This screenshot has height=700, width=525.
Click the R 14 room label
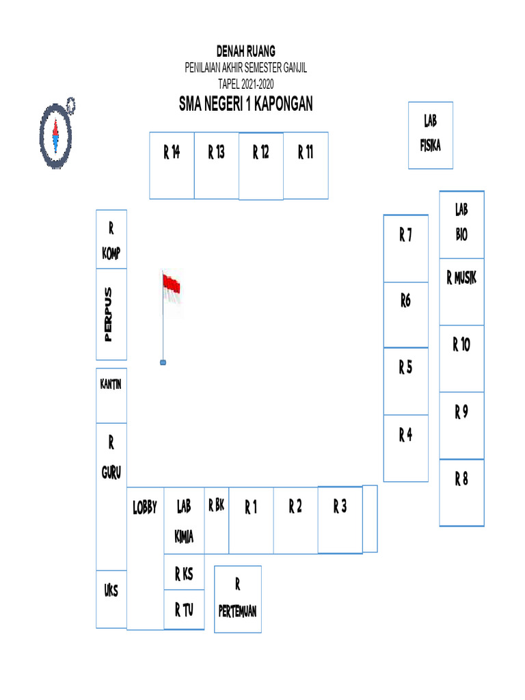(172, 152)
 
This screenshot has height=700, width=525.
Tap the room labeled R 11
(306, 152)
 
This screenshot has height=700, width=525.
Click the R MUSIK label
(461, 278)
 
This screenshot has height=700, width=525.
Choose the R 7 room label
(405, 237)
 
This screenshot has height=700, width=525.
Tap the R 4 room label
(405, 435)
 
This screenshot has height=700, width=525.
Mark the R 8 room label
(461, 479)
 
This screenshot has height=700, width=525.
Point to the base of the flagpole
(163, 362)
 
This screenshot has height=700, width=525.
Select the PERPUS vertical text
(107, 314)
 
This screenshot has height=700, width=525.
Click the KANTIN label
(111, 384)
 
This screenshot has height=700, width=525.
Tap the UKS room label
(111, 591)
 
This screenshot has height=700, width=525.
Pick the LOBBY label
(145, 508)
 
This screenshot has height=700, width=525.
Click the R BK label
(216, 507)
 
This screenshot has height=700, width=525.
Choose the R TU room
(184, 609)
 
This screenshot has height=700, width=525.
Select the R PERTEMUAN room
(238, 599)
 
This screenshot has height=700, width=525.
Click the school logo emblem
(55, 133)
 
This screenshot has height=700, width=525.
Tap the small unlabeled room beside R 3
(370, 518)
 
